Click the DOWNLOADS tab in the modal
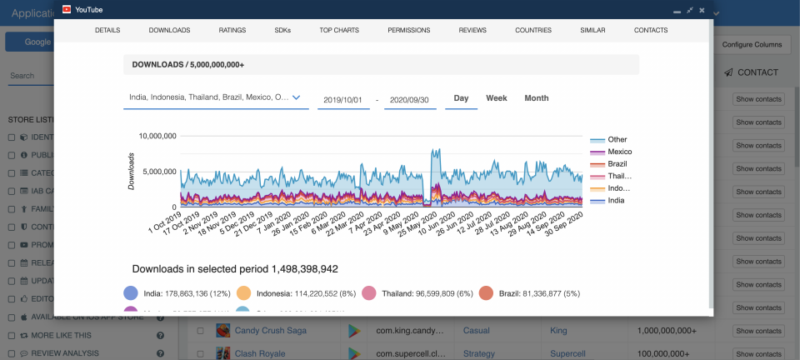coord(169,30)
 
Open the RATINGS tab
coord(232,30)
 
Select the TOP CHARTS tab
coord(339,30)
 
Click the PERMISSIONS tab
coord(409,30)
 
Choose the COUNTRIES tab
coord(533,30)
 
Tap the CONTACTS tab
coord(651,30)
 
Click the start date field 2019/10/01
coord(342,99)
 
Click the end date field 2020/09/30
coord(410,99)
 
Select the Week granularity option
coord(497,98)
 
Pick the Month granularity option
coord(537,98)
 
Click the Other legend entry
coord(617,139)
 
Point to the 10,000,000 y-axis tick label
coord(157,136)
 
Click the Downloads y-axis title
coord(132,171)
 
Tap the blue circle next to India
coord(131,293)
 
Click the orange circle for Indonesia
coord(243,293)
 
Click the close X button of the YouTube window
coord(702,10)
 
